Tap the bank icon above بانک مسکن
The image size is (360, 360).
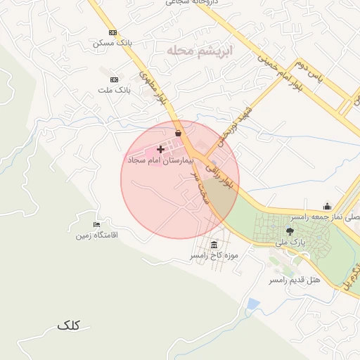113,32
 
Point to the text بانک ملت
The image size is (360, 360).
112,90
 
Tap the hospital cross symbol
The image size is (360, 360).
161,149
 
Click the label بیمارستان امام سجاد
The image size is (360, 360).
154,160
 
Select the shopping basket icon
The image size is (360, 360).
178,133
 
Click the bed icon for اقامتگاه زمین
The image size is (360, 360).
96,224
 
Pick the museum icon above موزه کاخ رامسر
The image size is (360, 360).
213,245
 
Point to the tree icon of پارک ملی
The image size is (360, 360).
289,231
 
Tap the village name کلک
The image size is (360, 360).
68,325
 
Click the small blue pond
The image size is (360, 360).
253,304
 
